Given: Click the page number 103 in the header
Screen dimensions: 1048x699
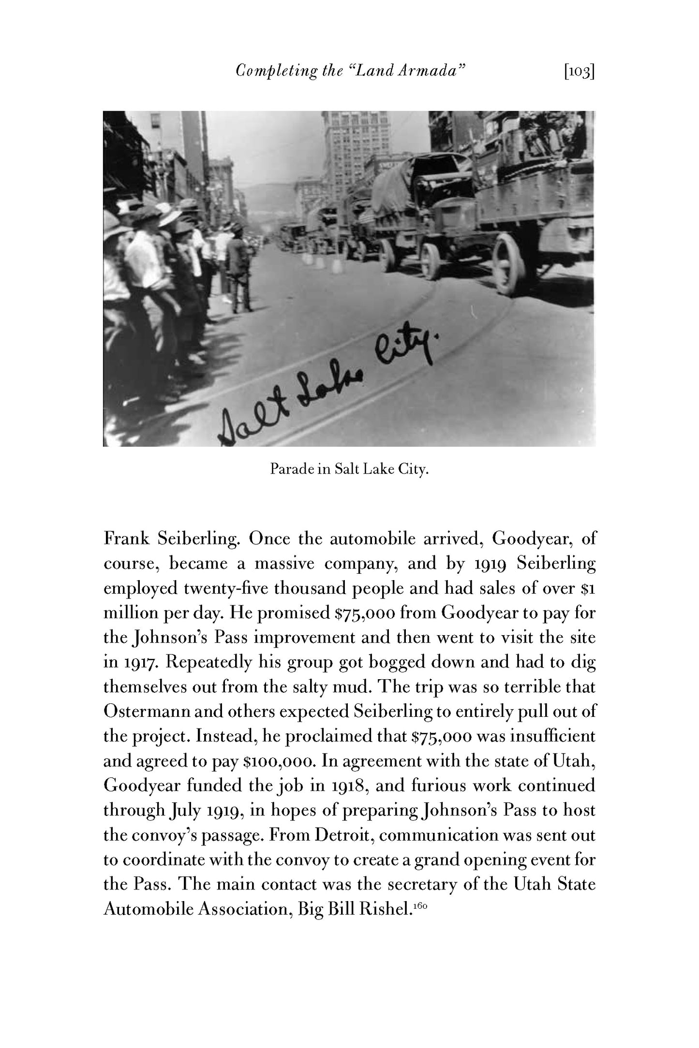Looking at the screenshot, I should coord(579,72).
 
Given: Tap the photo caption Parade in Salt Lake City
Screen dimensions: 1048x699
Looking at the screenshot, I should coord(349,469).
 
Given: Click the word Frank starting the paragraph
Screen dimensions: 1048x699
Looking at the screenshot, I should coord(126,539).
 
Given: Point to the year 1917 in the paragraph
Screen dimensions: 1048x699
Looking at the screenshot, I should coord(139,663).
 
